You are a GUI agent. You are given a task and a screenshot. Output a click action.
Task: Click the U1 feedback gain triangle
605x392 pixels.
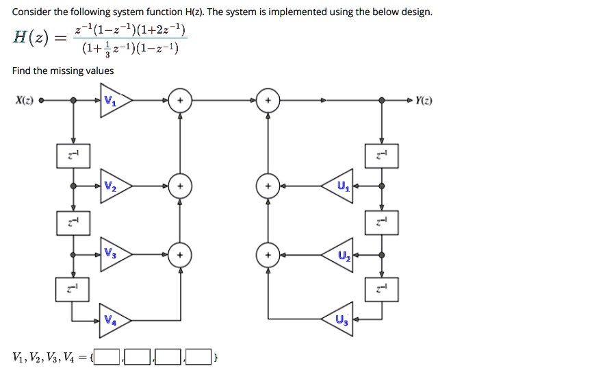[338, 186]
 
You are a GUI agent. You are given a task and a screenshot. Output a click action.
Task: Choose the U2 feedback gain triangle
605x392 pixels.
[338, 255]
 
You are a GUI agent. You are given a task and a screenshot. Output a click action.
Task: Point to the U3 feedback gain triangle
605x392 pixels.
[338, 319]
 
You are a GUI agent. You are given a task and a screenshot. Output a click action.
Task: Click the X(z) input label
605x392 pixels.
[25, 101]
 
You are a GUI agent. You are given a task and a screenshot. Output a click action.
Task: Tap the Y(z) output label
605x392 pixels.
[424, 101]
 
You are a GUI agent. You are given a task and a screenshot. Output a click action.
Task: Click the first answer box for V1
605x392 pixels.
[107, 357]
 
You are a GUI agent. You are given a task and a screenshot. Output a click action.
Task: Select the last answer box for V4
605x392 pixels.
[198, 357]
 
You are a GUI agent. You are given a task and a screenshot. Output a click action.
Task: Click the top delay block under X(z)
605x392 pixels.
[73, 156]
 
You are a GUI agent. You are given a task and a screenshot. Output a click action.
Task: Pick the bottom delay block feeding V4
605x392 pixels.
[73, 289]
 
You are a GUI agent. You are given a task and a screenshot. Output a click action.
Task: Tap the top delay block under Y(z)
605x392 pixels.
[382, 156]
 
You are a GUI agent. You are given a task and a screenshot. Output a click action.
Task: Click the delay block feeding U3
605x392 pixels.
[382, 289]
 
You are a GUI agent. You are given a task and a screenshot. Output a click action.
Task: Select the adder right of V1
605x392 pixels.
[180, 101]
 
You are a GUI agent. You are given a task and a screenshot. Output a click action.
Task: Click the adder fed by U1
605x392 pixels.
[268, 186]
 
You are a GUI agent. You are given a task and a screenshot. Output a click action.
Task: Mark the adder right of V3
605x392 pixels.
[180, 255]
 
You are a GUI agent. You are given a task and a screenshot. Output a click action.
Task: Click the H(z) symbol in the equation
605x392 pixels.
[31, 38]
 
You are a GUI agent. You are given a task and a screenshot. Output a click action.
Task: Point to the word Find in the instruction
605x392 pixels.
[20, 71]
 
